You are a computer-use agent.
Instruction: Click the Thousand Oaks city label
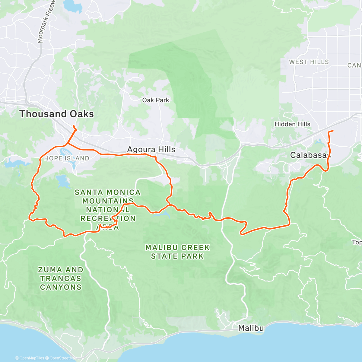56,114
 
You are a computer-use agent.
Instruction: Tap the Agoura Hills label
151,150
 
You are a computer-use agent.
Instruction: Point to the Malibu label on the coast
251,328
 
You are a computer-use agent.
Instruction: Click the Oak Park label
156,100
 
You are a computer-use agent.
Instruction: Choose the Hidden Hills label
292,124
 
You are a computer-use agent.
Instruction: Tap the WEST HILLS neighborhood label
309,62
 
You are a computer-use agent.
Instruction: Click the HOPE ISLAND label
67,158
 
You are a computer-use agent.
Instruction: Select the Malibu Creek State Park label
177,252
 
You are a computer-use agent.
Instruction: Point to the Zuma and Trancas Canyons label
61,278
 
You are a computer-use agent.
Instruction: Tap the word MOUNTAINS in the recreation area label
108,201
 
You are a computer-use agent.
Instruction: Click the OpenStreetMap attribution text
63,358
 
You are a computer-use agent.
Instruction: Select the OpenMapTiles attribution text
31,358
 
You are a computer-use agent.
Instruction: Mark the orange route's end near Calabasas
333,131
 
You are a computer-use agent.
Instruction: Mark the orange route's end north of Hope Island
74,125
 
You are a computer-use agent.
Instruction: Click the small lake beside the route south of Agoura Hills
162,214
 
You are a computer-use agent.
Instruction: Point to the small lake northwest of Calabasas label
319,141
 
